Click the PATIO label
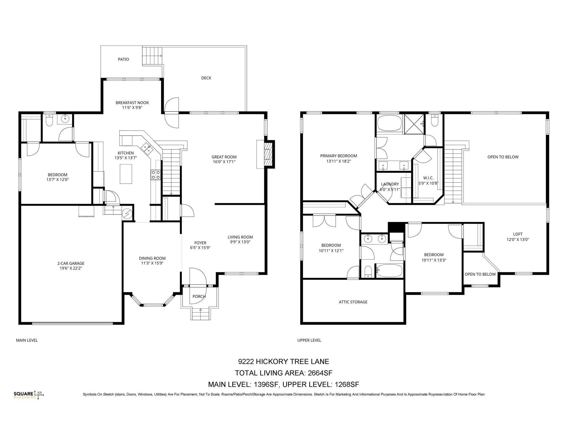click(x=123, y=59)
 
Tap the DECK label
click(x=206, y=78)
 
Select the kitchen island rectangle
click(x=126, y=174)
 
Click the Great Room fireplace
click(x=268, y=155)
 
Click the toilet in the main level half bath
click(x=49, y=121)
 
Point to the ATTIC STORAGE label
click(x=353, y=302)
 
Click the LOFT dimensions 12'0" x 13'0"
click(x=518, y=240)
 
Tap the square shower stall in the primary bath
click(x=414, y=124)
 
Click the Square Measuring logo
click(x=29, y=395)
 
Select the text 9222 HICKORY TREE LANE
click(x=283, y=361)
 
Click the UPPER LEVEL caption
click(x=309, y=340)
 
